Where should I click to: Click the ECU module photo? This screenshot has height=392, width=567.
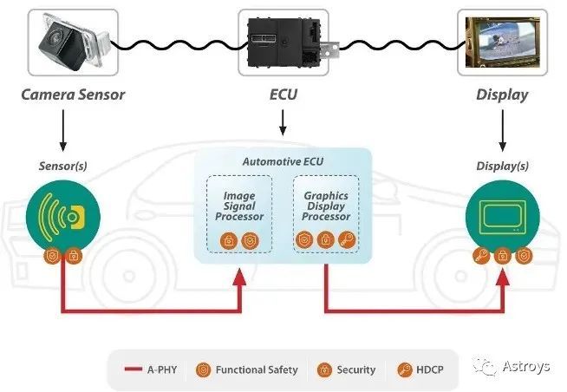pyautogui.click(x=282, y=42)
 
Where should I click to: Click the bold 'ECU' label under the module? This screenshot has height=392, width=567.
pyautogui.click(x=283, y=95)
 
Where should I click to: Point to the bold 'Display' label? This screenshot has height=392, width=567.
pyautogui.click(x=502, y=95)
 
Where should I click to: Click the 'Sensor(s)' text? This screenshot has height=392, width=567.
pyautogui.click(x=62, y=165)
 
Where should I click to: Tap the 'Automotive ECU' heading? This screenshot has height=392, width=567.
pyautogui.click(x=282, y=162)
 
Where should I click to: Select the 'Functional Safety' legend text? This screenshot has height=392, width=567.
pyautogui.click(x=256, y=369)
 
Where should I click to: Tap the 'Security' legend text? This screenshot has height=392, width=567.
pyautogui.click(x=356, y=369)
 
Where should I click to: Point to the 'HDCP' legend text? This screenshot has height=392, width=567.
pyautogui.click(x=429, y=369)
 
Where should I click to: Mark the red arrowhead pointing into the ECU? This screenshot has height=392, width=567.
pyautogui.click(x=239, y=277)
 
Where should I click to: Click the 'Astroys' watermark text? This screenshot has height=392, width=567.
pyautogui.click(x=525, y=367)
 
